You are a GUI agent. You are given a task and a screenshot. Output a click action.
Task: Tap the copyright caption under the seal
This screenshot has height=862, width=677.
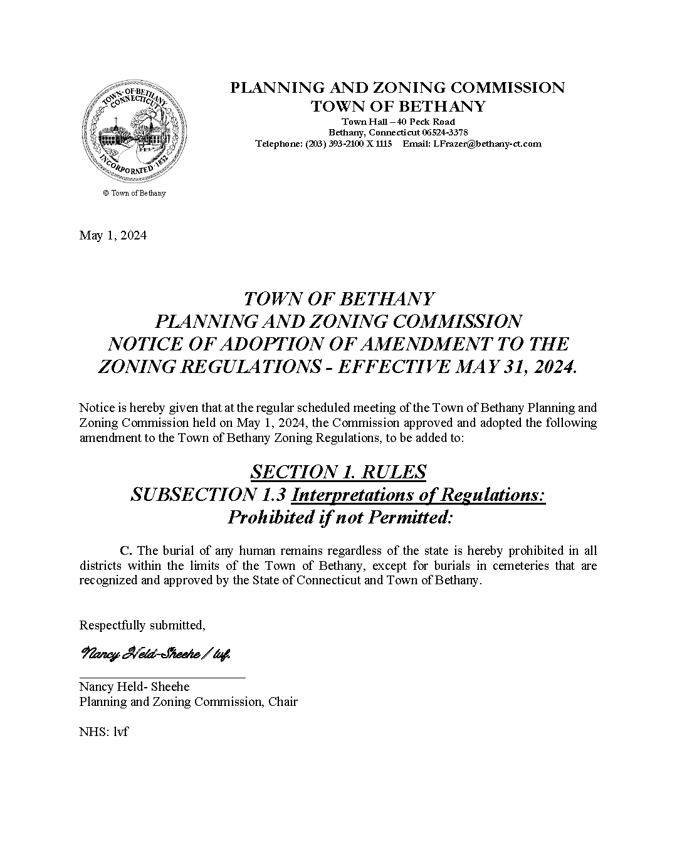pyautogui.click(x=134, y=193)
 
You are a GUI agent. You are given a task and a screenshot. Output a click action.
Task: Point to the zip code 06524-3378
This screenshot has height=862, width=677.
pyautogui.click(x=444, y=132)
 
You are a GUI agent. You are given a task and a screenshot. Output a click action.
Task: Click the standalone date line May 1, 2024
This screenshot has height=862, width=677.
pyautogui.click(x=113, y=235)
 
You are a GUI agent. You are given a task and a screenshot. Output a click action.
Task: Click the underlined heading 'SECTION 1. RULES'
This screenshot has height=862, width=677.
pyautogui.click(x=338, y=471)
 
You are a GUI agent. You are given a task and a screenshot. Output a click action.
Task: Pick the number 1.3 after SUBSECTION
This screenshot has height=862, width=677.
pyautogui.click(x=273, y=495)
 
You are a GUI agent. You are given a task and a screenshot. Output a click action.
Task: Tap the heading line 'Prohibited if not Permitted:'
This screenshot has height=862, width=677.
pyautogui.click(x=339, y=518)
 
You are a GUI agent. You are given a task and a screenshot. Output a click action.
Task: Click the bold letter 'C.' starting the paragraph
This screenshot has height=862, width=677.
pyautogui.click(x=125, y=551)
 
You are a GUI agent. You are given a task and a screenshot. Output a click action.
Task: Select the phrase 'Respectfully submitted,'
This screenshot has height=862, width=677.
pyautogui.click(x=142, y=625)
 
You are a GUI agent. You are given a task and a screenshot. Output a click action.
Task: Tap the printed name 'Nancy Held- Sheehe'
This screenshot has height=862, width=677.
pyautogui.click(x=134, y=686)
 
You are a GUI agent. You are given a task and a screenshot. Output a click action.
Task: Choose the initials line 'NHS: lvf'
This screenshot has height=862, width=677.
pyautogui.click(x=103, y=731)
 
